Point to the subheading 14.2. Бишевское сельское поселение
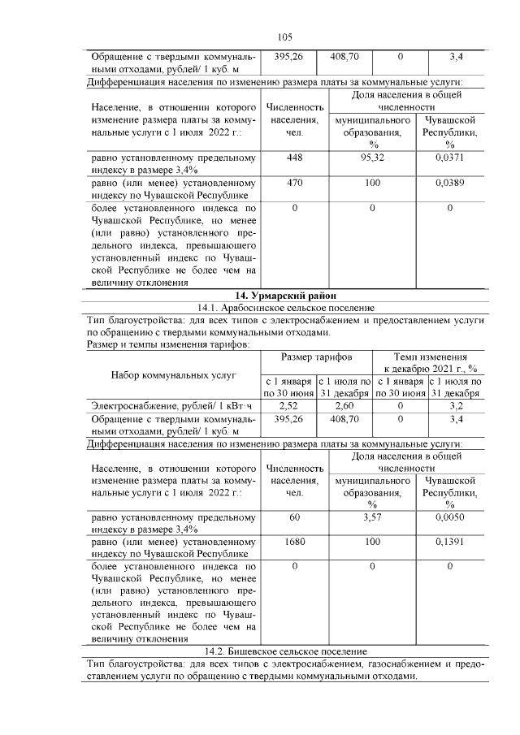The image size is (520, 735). (284, 651)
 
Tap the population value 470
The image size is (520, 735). (294, 184)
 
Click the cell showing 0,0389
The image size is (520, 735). (449, 184)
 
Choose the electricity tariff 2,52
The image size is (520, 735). (288, 405)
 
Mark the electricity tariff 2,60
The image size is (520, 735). (344, 405)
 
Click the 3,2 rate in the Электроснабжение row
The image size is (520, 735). (456, 405)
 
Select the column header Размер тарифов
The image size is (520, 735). (316, 357)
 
